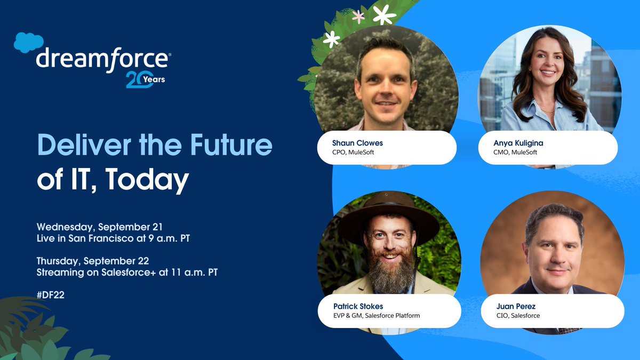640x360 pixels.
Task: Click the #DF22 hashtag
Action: [51, 295]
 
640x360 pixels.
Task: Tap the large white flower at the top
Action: [385, 14]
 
